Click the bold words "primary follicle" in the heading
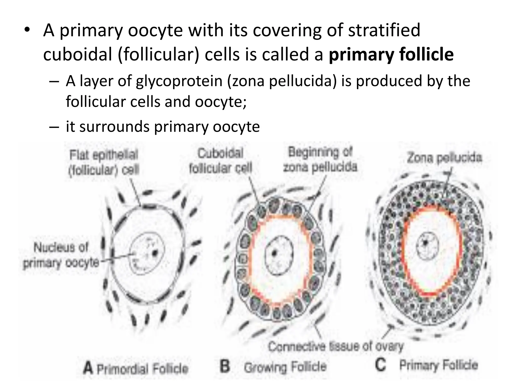tap(391, 55)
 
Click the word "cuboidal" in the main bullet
tap(77, 55)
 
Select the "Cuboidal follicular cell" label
tap(221, 161)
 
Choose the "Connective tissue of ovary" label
tap(335, 346)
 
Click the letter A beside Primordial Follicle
tap(88, 368)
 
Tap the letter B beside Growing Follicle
tap(225, 366)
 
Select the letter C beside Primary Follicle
tap(380, 365)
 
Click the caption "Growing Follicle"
tap(285, 367)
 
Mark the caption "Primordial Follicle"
tap(142, 369)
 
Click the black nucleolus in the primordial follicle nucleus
tap(154, 252)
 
